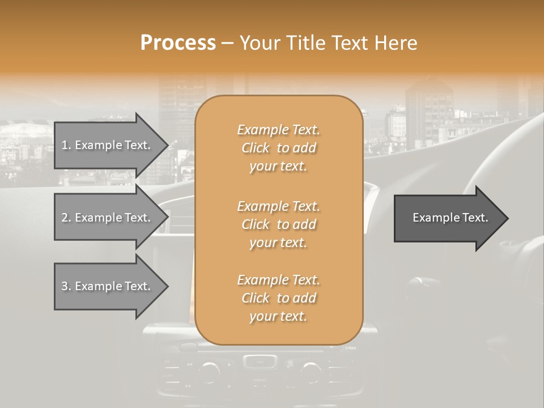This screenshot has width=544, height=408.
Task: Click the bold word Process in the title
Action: coord(178,43)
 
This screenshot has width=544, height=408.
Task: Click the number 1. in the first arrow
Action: coord(66,145)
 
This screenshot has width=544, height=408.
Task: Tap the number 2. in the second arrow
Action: coord(66,218)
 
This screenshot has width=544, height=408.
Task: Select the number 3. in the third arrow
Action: coord(66,286)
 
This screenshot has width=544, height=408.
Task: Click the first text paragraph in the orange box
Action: coord(278,148)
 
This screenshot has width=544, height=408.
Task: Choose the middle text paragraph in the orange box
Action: coord(278,224)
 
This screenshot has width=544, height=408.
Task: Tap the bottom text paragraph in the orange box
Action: coord(278,298)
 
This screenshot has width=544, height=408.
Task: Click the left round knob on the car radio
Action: coord(209,371)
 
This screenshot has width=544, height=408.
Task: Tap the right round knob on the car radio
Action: coord(311,371)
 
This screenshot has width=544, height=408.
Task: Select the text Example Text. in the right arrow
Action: coord(450,218)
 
